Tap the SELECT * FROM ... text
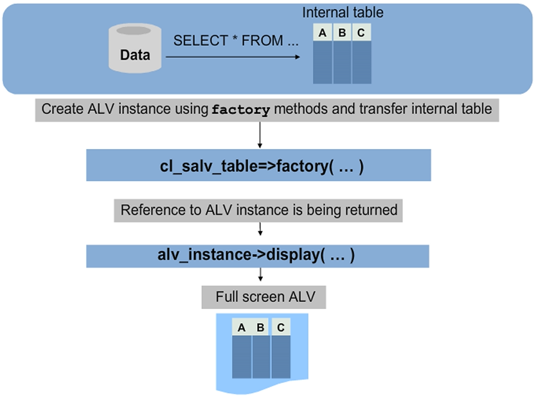coord(237,40)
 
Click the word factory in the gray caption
coord(241,110)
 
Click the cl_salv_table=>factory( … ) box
coord(258,166)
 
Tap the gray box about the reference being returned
coord(259,210)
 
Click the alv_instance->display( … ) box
coord(258,255)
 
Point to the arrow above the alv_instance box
coord(259,229)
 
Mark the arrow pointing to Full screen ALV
coord(260,275)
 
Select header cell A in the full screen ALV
coord(242,328)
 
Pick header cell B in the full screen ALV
coord(261,328)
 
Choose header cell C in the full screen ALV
coord(281,328)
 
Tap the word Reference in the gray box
coord(149,210)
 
